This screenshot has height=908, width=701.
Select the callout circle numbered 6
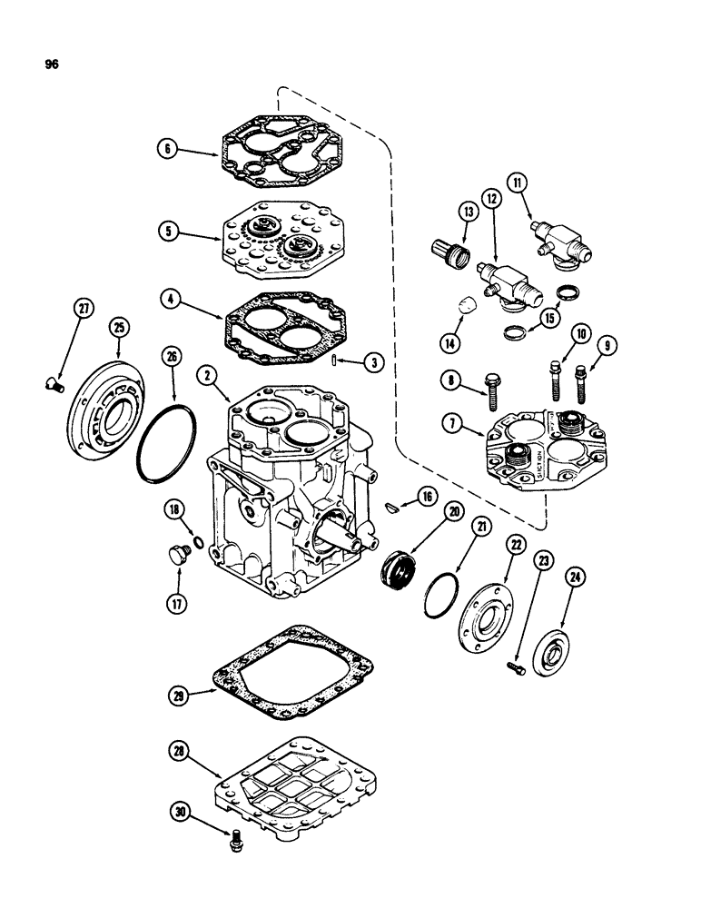(165, 151)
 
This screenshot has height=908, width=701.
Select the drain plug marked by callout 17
(177, 555)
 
